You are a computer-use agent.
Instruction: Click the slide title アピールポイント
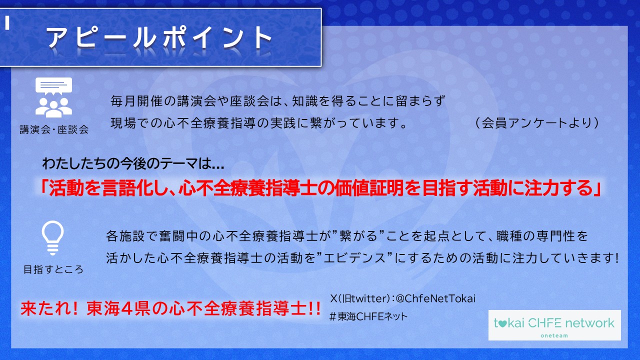159,37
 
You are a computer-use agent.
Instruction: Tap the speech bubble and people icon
53,97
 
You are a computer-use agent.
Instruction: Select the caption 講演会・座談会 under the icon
54,129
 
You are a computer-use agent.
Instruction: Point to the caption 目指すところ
53,269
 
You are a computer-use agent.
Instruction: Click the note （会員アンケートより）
536,123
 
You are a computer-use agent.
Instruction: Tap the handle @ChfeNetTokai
435,298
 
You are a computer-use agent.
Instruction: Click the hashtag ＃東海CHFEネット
368,316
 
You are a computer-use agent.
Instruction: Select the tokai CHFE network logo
554,325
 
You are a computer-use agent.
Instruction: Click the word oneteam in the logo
554,335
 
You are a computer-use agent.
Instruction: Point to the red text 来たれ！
49,308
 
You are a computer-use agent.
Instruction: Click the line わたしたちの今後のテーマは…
133,163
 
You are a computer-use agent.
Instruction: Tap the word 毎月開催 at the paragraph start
136,101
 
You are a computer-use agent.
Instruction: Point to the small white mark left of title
7,22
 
